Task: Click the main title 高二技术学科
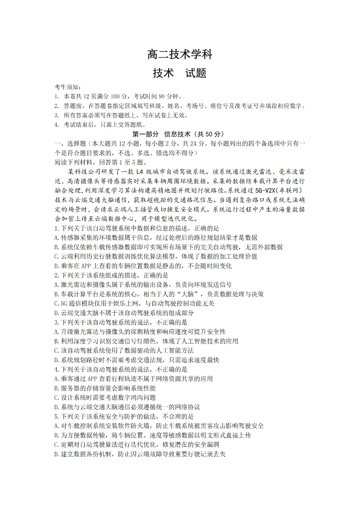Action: coord(180,55)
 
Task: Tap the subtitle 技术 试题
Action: coord(180,73)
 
